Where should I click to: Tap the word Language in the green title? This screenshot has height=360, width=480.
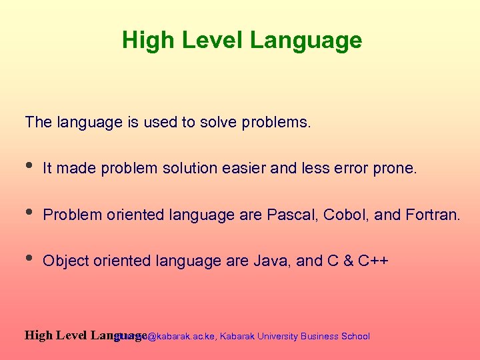point(306,41)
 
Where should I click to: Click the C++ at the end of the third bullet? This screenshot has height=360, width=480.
point(373,261)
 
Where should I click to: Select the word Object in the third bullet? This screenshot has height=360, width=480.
point(65,261)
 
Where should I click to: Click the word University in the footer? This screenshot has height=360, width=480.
point(275,337)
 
